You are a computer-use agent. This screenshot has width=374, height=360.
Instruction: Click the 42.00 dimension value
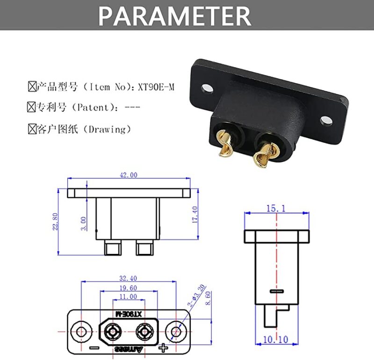(129, 175)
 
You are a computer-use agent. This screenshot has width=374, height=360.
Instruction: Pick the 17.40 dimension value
(195, 214)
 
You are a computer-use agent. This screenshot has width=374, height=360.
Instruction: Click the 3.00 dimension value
(84, 223)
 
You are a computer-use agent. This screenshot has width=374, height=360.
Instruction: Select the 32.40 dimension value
(129, 278)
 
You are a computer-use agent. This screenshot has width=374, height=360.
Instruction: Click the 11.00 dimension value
(129, 297)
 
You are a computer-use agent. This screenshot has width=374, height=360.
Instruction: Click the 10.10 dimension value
(276, 339)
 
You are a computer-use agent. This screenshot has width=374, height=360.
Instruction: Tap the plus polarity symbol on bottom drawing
(163, 347)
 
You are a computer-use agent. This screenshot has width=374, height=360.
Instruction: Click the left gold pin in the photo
(225, 146)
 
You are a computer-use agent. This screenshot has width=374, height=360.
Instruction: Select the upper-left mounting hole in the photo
(206, 87)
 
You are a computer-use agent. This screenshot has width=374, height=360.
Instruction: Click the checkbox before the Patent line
(32, 107)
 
